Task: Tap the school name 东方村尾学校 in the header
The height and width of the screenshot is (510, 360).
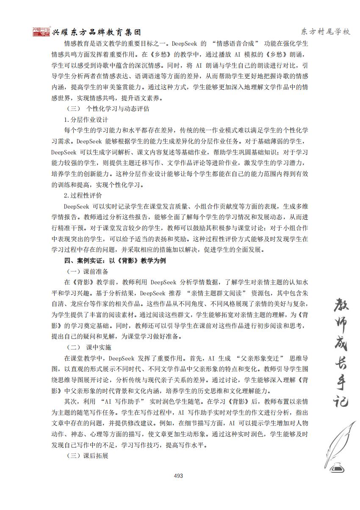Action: (325, 32)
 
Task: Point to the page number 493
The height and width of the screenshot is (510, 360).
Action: (178, 476)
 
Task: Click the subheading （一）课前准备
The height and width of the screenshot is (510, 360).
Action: (88, 271)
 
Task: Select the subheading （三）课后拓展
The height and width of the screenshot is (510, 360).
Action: (88, 456)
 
